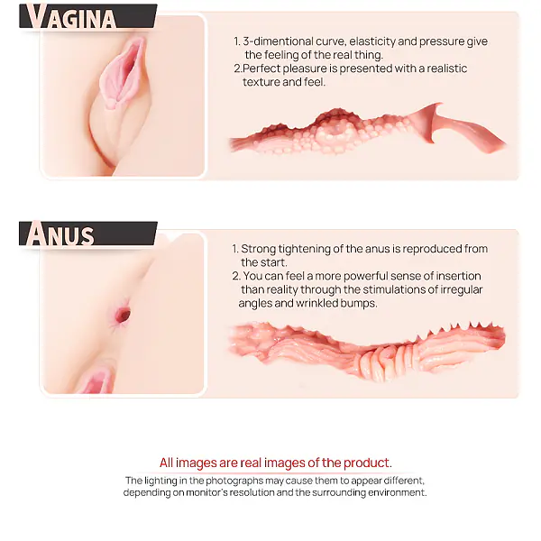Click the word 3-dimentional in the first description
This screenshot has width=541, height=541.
278,41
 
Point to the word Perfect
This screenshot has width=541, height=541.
261,69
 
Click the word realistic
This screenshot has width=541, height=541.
447,69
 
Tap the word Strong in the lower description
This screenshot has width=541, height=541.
258,249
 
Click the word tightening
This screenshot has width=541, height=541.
305,249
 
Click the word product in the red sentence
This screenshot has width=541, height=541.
368,463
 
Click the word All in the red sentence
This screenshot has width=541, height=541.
166,463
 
